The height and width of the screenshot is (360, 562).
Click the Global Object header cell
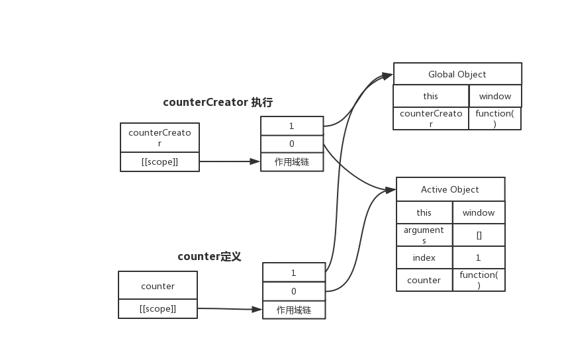(x=457, y=74)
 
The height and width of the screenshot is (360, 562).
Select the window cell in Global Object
(x=495, y=96)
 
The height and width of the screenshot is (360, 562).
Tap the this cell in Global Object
(x=431, y=96)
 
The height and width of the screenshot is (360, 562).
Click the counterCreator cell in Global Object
(x=431, y=118)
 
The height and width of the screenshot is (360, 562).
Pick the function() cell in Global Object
(x=495, y=118)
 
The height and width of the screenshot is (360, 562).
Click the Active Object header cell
(x=450, y=189)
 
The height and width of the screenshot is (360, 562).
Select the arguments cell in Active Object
(x=424, y=235)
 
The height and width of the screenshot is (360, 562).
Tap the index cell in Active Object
(x=424, y=258)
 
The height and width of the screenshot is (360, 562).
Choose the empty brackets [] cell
(x=479, y=235)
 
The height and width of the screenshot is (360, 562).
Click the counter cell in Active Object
(x=424, y=280)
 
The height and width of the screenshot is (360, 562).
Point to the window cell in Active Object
(x=479, y=212)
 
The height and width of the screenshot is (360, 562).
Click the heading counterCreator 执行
(x=218, y=103)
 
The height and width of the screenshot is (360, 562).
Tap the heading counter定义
(x=209, y=256)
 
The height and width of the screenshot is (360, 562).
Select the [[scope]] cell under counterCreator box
(x=160, y=161)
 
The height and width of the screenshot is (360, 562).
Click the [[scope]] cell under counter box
(x=158, y=308)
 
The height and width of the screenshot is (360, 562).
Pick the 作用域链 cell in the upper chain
(x=292, y=161)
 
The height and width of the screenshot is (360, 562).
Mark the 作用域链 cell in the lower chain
(x=294, y=309)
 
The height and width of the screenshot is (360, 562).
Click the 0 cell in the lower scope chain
(x=294, y=291)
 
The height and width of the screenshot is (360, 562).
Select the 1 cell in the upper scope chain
(x=292, y=126)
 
